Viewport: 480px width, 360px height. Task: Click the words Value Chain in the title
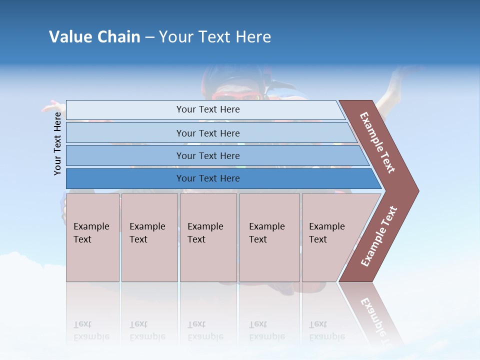94,37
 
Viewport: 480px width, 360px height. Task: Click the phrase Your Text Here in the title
215,37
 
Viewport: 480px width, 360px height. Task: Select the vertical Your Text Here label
57,143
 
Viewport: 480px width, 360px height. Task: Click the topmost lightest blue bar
207,109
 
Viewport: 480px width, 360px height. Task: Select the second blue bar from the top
207,133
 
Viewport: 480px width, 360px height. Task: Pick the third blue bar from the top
207,155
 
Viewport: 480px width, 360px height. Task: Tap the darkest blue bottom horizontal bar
207,178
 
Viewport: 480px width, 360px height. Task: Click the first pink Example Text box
92,237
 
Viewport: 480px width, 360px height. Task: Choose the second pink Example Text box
149,237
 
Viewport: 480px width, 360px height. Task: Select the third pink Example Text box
208,237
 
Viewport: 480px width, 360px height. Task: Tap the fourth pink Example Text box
269,237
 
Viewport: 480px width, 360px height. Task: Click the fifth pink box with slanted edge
330,237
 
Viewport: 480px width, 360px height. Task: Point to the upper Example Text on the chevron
377,142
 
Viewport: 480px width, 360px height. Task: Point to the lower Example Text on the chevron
379,236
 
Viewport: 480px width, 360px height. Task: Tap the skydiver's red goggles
235,93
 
